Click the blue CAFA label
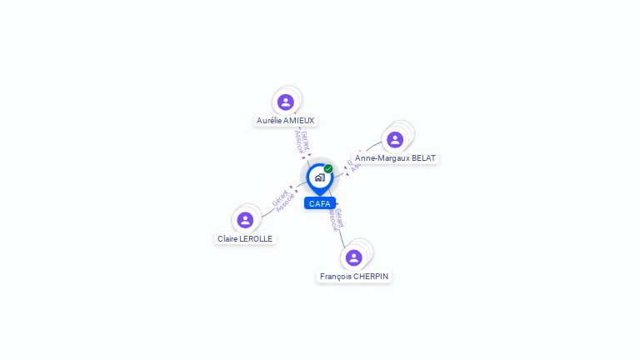tap(320, 203)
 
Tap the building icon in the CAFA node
tap(319, 177)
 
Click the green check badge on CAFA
tap(328, 168)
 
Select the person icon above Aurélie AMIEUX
tap(286, 102)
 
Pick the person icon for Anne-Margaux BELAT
tap(395, 139)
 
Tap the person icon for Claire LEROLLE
tap(245, 220)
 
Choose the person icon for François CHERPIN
tap(354, 257)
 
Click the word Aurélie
tap(269, 121)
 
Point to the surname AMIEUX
tap(299, 121)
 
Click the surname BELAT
tap(423, 158)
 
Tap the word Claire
tap(227, 239)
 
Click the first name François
tap(335, 277)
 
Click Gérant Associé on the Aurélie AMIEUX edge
tap(302, 142)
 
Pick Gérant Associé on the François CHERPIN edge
tap(335, 218)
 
